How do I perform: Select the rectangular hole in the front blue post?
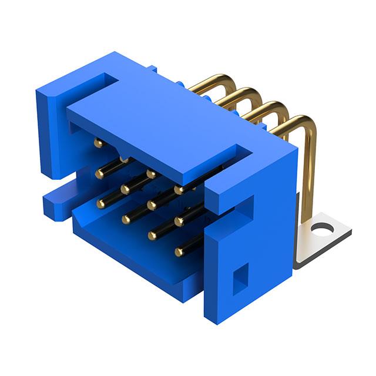(x=240, y=278)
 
